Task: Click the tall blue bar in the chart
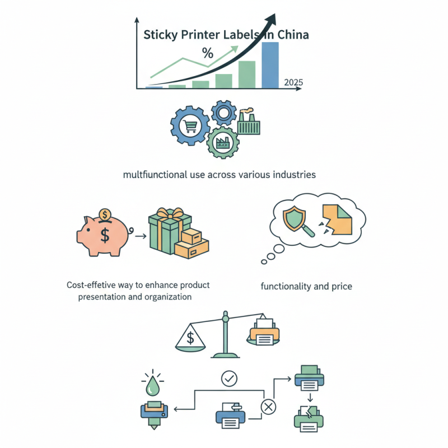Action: pos(270,65)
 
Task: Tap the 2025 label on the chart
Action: pos(293,82)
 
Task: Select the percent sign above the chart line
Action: pos(208,53)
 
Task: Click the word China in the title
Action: pos(293,35)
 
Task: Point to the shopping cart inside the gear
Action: pos(190,126)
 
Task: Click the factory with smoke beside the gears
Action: pos(249,122)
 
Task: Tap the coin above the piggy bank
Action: pos(105,214)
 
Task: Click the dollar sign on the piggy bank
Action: pos(105,235)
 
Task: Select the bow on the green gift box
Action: pos(170,213)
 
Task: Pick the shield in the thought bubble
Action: pos(294,218)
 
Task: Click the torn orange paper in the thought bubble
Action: pos(338,220)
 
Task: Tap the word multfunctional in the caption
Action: pos(155,175)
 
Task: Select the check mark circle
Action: pos(229,379)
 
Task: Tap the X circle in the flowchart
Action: pos(268,407)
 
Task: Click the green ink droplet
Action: pos(152,385)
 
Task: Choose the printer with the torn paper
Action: pos(309,419)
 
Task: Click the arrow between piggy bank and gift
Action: pos(141,236)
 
